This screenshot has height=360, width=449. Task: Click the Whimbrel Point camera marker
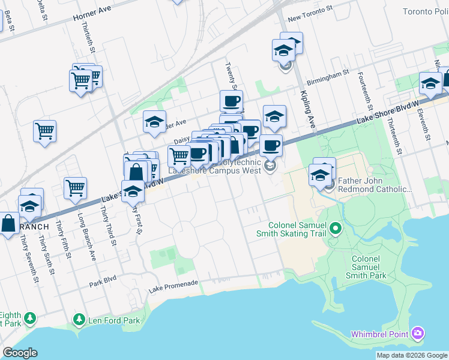418,333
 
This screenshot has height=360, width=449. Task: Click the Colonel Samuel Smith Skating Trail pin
336,228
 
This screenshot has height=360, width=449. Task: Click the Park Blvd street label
102,283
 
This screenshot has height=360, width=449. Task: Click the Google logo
20,353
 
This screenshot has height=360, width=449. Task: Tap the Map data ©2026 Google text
412,355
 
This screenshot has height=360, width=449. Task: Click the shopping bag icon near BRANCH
8,224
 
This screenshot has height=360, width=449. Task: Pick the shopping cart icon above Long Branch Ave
76,188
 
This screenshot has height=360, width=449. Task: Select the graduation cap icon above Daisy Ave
154,122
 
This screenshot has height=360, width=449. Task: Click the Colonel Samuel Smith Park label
365,266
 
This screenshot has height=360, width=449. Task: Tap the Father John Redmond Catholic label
376,185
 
